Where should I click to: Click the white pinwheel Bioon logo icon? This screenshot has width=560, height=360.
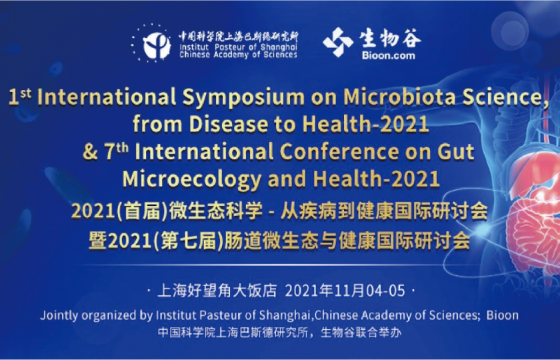338,42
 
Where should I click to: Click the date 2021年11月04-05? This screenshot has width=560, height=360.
345,291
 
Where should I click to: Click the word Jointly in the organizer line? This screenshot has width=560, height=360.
59,315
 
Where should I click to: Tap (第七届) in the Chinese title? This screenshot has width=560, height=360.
184,239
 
